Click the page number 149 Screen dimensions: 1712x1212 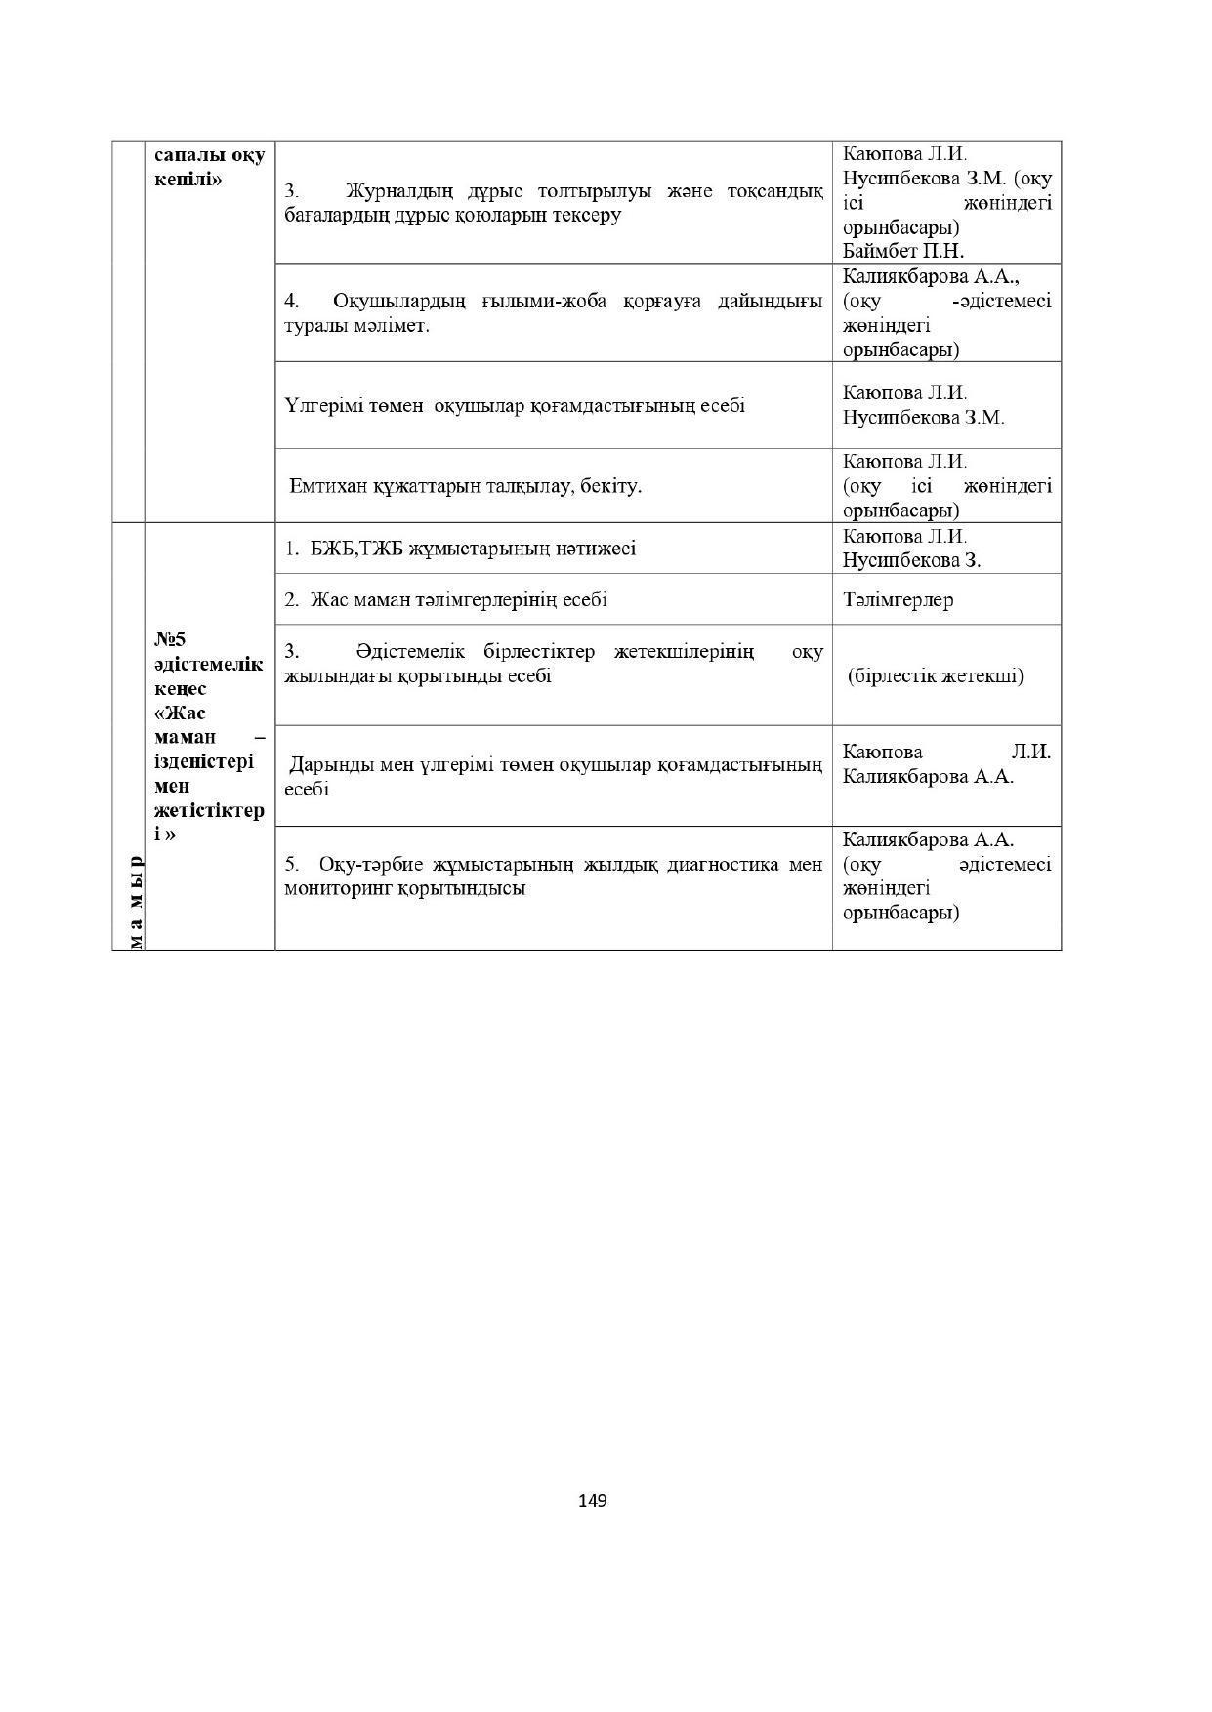click(593, 1500)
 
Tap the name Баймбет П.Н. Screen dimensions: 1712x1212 click(903, 251)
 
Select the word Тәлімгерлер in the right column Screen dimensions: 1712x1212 click(898, 599)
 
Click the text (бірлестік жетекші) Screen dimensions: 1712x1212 click(936, 675)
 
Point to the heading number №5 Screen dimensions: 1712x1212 click(170, 638)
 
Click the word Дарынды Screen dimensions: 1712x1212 click(326, 764)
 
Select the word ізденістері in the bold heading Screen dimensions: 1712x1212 click(203, 761)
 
